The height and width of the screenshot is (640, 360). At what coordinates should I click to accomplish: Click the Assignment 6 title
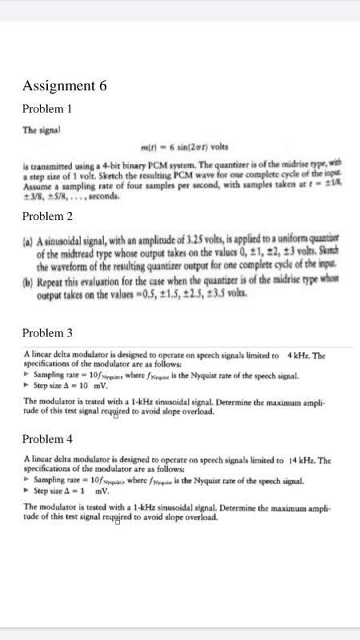click(x=65, y=86)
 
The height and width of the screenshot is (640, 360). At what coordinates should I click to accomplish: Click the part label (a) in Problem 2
click(x=29, y=241)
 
